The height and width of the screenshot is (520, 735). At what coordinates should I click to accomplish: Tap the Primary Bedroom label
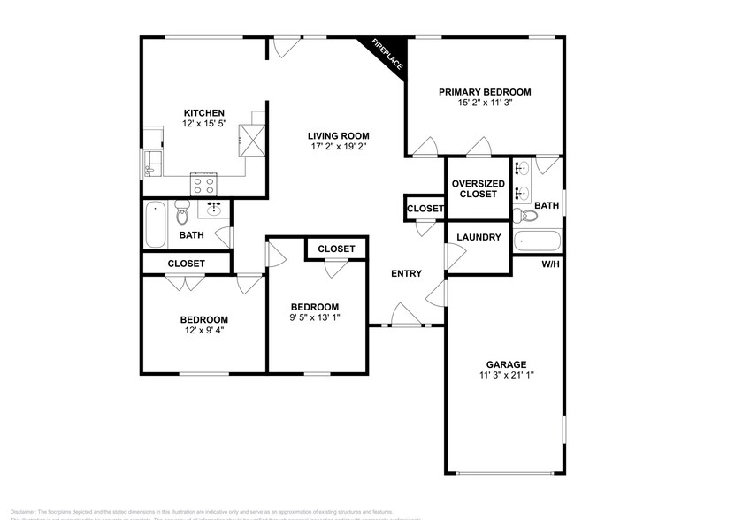(x=485, y=92)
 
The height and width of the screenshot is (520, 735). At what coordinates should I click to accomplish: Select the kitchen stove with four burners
(x=204, y=185)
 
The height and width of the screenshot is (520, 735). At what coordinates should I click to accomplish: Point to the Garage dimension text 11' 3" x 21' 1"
(x=506, y=375)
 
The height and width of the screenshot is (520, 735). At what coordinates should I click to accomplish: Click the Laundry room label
(x=479, y=237)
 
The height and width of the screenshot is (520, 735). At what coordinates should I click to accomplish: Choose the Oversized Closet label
(x=479, y=188)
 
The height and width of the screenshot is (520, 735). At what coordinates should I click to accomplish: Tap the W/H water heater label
(x=550, y=264)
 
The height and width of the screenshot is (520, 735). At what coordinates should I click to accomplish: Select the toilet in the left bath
(x=184, y=212)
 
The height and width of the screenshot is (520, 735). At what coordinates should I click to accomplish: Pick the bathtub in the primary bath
(x=537, y=241)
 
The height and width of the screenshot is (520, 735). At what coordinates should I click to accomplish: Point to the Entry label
(x=406, y=273)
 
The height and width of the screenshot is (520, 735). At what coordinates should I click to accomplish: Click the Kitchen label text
(x=203, y=113)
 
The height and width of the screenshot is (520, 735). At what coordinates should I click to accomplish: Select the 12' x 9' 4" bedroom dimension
(x=203, y=332)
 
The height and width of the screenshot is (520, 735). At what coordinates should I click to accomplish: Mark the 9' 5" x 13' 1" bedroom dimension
(x=316, y=318)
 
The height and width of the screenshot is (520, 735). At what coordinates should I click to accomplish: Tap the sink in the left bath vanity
(x=215, y=210)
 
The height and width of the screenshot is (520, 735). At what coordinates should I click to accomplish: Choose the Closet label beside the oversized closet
(x=425, y=208)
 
